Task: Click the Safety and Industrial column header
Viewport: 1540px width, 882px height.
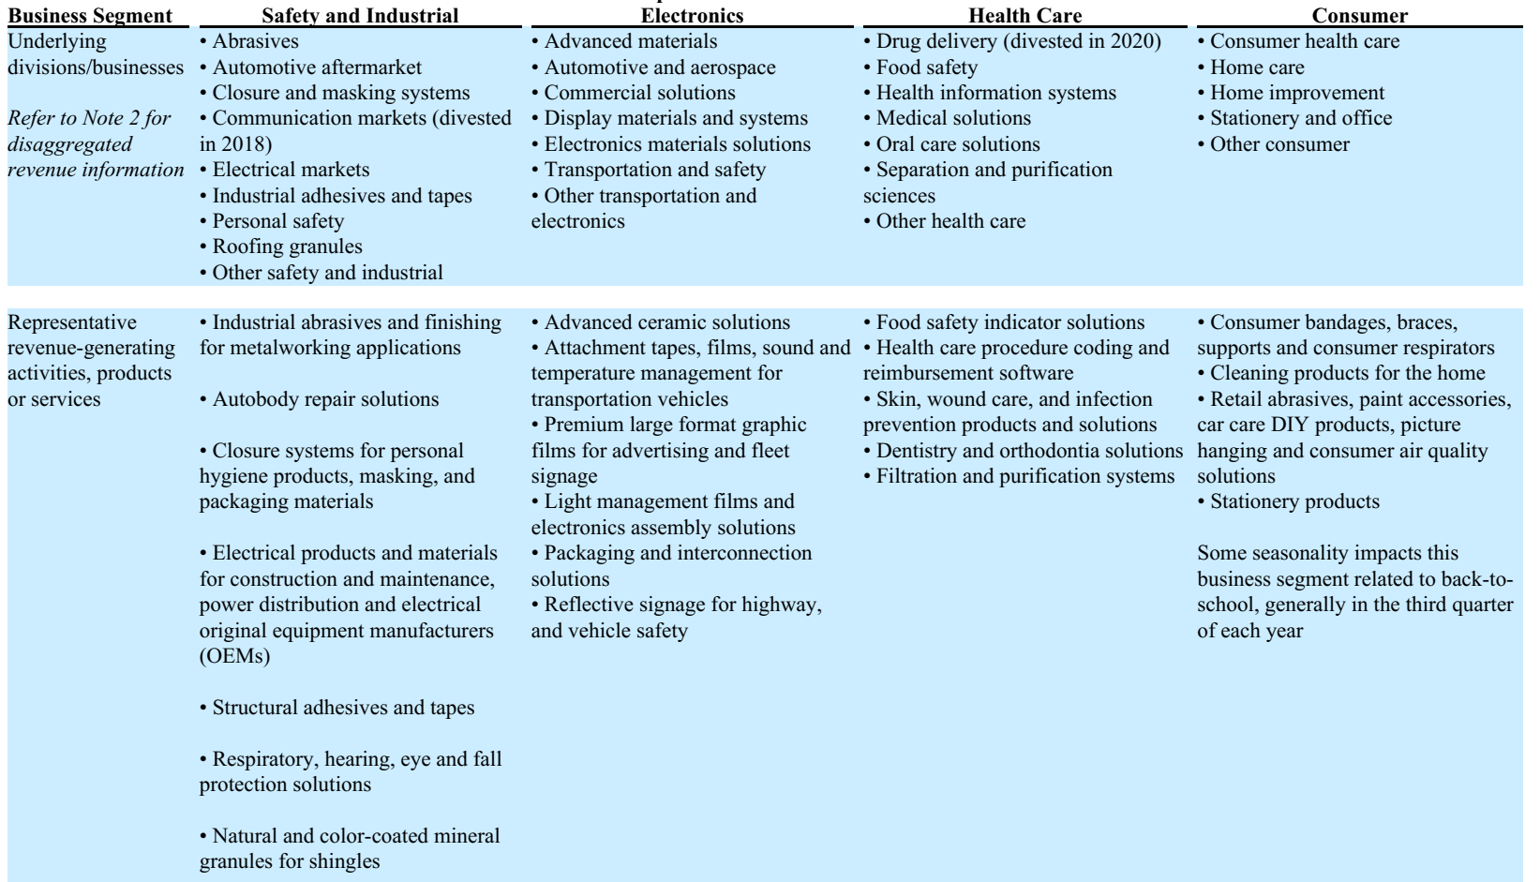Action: point(360,15)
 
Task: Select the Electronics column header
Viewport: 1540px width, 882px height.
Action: point(692,15)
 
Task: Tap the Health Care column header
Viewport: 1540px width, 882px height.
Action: point(1024,15)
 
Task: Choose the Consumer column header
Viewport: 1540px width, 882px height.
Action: point(1359,15)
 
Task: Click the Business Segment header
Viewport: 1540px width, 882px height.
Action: point(90,15)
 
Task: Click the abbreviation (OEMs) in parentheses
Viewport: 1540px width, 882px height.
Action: point(234,656)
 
